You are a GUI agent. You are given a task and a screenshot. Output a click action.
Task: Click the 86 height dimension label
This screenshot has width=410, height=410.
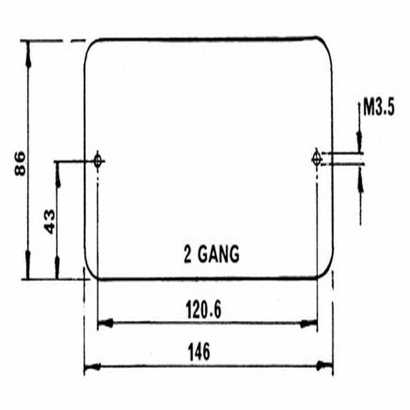pos(20,163)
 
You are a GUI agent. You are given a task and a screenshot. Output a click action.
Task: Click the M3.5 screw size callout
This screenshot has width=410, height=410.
pos(379,109)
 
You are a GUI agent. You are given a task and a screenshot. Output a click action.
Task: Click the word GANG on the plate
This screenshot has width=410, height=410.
pos(218,255)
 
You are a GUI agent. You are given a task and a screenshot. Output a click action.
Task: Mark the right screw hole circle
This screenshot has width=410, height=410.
pos(316,159)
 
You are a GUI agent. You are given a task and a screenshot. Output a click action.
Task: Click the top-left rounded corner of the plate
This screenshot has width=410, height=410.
pos(90,45)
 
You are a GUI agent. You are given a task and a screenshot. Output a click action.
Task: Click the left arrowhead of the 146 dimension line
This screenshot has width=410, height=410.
pos(91,366)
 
